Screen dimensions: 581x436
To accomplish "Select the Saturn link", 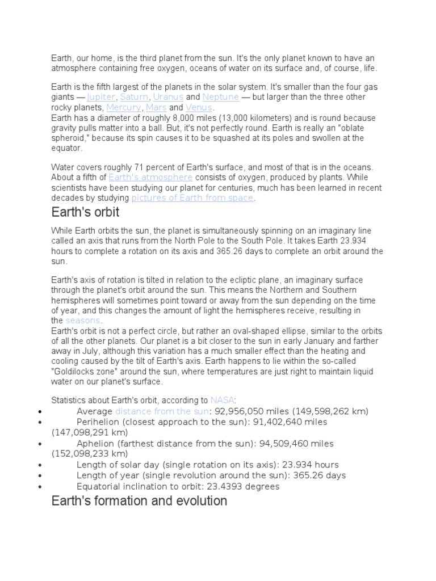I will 134,97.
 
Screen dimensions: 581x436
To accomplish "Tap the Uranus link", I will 168,97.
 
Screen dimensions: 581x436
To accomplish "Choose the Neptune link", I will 220,97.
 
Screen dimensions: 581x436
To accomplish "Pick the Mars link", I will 156,107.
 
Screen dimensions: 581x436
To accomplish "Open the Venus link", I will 198,107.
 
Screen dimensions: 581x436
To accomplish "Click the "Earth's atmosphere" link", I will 150,177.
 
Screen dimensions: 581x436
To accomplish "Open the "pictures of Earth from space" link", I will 192,198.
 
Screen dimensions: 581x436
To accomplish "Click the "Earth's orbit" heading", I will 85,213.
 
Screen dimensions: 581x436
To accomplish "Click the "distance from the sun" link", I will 162,411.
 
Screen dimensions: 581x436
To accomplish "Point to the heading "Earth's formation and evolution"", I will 139,501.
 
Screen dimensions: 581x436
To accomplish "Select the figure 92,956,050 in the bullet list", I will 238,411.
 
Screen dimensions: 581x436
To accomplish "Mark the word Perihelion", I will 98,422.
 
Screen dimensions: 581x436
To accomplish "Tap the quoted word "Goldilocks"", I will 78,362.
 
